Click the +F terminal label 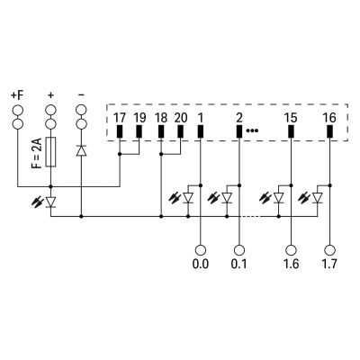(17, 95)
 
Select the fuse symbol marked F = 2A (50, 152)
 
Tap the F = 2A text (37, 153)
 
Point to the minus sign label (81, 95)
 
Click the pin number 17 (120, 118)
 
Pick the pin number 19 (139, 118)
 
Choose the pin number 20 (181, 118)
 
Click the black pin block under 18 (161, 131)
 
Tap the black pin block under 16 (329, 131)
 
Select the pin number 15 (291, 118)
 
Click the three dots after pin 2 (252, 130)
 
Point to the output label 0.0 (201, 264)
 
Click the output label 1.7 (329, 264)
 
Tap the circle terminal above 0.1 (239, 250)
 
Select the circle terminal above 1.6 (291, 250)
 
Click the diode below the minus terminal (81, 150)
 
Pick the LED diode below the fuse (50, 202)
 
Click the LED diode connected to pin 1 (188, 198)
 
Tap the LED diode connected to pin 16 (318, 198)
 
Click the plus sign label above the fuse (50, 95)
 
